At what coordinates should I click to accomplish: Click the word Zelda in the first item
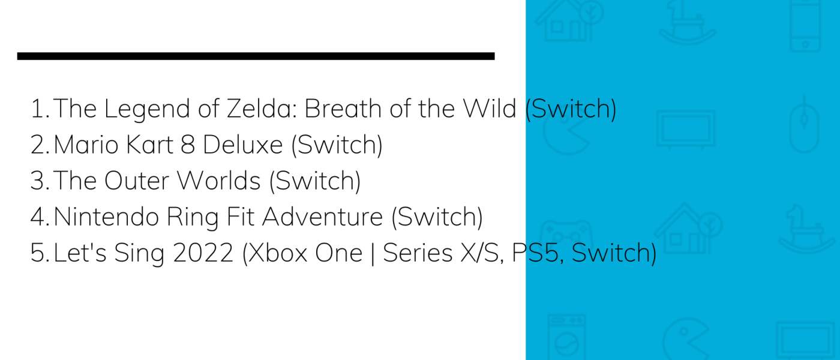262,109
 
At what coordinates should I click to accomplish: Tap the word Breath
343,109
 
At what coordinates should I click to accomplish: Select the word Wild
490,109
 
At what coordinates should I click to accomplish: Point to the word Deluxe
242,145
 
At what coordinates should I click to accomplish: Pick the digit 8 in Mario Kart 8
188,145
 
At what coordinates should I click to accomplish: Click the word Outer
137,181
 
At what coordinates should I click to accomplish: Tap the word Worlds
218,181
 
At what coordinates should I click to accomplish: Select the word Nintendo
107,217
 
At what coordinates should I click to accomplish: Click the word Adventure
323,217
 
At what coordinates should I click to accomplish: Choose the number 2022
203,253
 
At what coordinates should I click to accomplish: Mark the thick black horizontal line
256,56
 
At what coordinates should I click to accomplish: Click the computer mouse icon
804,125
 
